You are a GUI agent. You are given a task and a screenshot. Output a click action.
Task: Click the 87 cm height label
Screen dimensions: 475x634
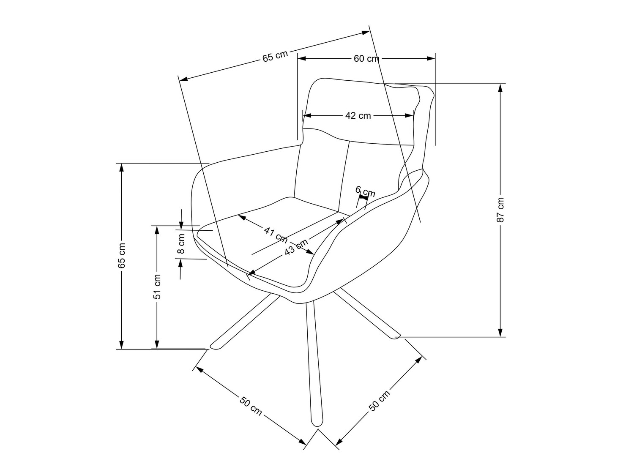click(x=501, y=210)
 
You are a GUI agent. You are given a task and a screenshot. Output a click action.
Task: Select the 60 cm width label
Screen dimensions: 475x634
click(x=366, y=59)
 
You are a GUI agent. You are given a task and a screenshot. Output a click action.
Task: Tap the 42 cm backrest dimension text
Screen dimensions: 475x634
click(x=358, y=115)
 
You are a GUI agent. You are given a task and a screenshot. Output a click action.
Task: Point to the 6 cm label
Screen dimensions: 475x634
click(x=365, y=191)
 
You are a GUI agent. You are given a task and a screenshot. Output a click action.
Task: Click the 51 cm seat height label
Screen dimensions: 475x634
click(x=157, y=287)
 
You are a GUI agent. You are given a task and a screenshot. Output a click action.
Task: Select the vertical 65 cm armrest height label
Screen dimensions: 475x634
click(x=122, y=255)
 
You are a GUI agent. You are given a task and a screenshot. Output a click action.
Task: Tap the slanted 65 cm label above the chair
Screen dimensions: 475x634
click(x=275, y=56)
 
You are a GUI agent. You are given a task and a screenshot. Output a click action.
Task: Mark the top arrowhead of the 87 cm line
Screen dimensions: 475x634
click(x=501, y=87)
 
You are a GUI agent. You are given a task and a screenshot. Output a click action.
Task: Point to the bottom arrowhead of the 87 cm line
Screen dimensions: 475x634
click(x=501, y=333)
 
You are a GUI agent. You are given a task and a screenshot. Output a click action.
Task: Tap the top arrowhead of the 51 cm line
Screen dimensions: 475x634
click(x=157, y=229)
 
